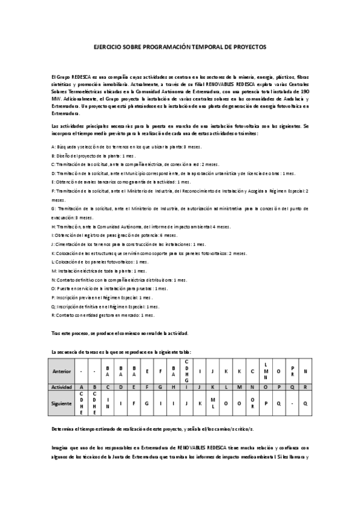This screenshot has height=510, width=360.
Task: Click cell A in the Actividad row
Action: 81,388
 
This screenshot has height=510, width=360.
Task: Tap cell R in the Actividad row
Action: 306,388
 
